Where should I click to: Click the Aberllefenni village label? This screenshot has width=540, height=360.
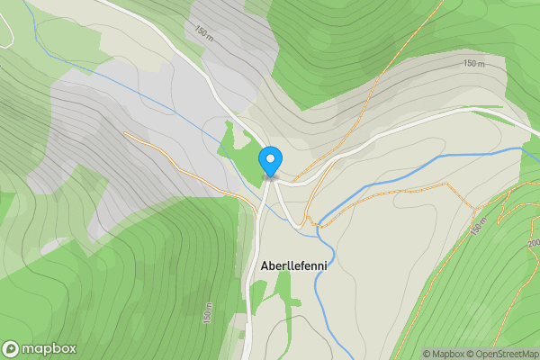(293, 266)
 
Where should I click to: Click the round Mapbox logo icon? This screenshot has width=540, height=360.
(12, 349)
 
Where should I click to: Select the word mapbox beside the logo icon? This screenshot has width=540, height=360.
(49, 349)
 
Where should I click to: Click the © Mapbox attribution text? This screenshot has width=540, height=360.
(444, 354)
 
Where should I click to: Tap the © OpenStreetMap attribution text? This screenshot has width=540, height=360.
(503, 354)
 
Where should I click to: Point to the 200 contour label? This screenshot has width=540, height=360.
(533, 243)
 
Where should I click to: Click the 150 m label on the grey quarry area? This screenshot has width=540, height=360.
(203, 33)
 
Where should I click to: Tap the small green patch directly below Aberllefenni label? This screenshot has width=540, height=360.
(283, 290)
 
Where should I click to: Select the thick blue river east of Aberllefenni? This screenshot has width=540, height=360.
(396, 180)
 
